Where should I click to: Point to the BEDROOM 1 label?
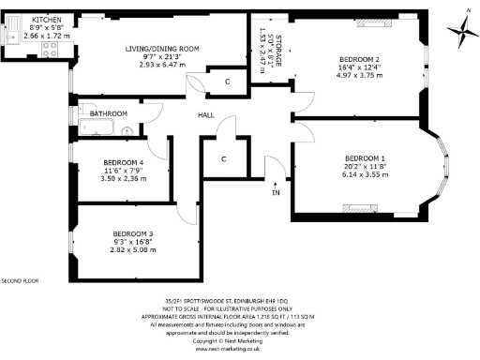tap(364, 157)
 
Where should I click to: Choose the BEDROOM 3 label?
tap(133, 232)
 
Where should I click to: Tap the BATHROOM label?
tap(109, 113)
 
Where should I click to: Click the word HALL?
tap(206, 115)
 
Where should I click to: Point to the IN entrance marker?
tap(276, 193)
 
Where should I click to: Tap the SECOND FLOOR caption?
tap(20, 280)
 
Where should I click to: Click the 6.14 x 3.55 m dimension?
tap(364, 174)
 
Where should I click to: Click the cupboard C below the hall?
tap(223, 158)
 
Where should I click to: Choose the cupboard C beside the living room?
tap(228, 82)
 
